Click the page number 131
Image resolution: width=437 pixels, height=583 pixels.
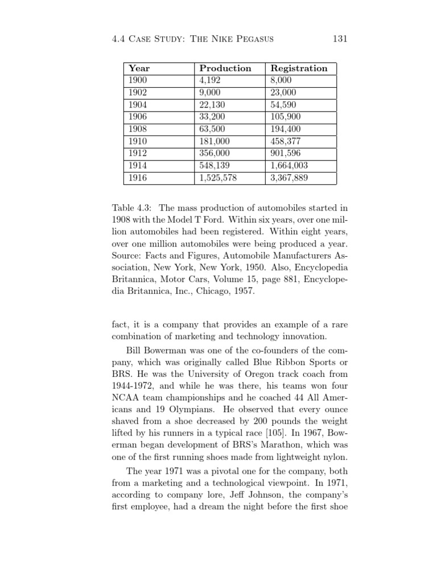pos(339,39)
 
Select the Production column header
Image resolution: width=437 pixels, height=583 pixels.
pos(225,68)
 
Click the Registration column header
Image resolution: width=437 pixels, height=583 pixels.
pos(299,68)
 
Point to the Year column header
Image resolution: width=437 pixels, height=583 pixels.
pos(139,68)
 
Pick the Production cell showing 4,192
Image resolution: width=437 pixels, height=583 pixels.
pos(209,80)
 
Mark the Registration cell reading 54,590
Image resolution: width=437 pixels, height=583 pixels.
pos(285,105)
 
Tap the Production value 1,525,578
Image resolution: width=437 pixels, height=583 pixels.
pos(217,178)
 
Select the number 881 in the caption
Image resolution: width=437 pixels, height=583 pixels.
pos(288,279)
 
